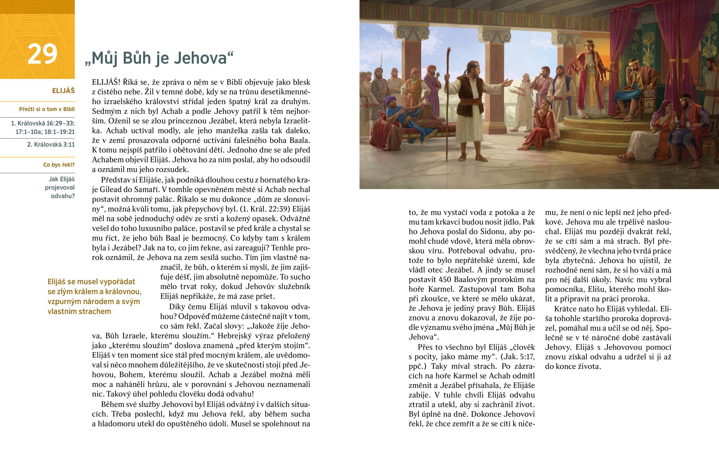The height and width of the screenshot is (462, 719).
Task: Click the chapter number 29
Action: click(x=42, y=54)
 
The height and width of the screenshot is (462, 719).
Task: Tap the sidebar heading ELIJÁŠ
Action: click(x=63, y=91)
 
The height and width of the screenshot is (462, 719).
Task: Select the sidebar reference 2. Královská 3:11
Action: click(x=51, y=144)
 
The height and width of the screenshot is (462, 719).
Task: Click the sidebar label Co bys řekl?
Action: click(x=59, y=165)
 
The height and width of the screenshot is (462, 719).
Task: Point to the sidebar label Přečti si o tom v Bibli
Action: click(x=47, y=109)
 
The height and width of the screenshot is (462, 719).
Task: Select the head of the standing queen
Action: click(x=589, y=46)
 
